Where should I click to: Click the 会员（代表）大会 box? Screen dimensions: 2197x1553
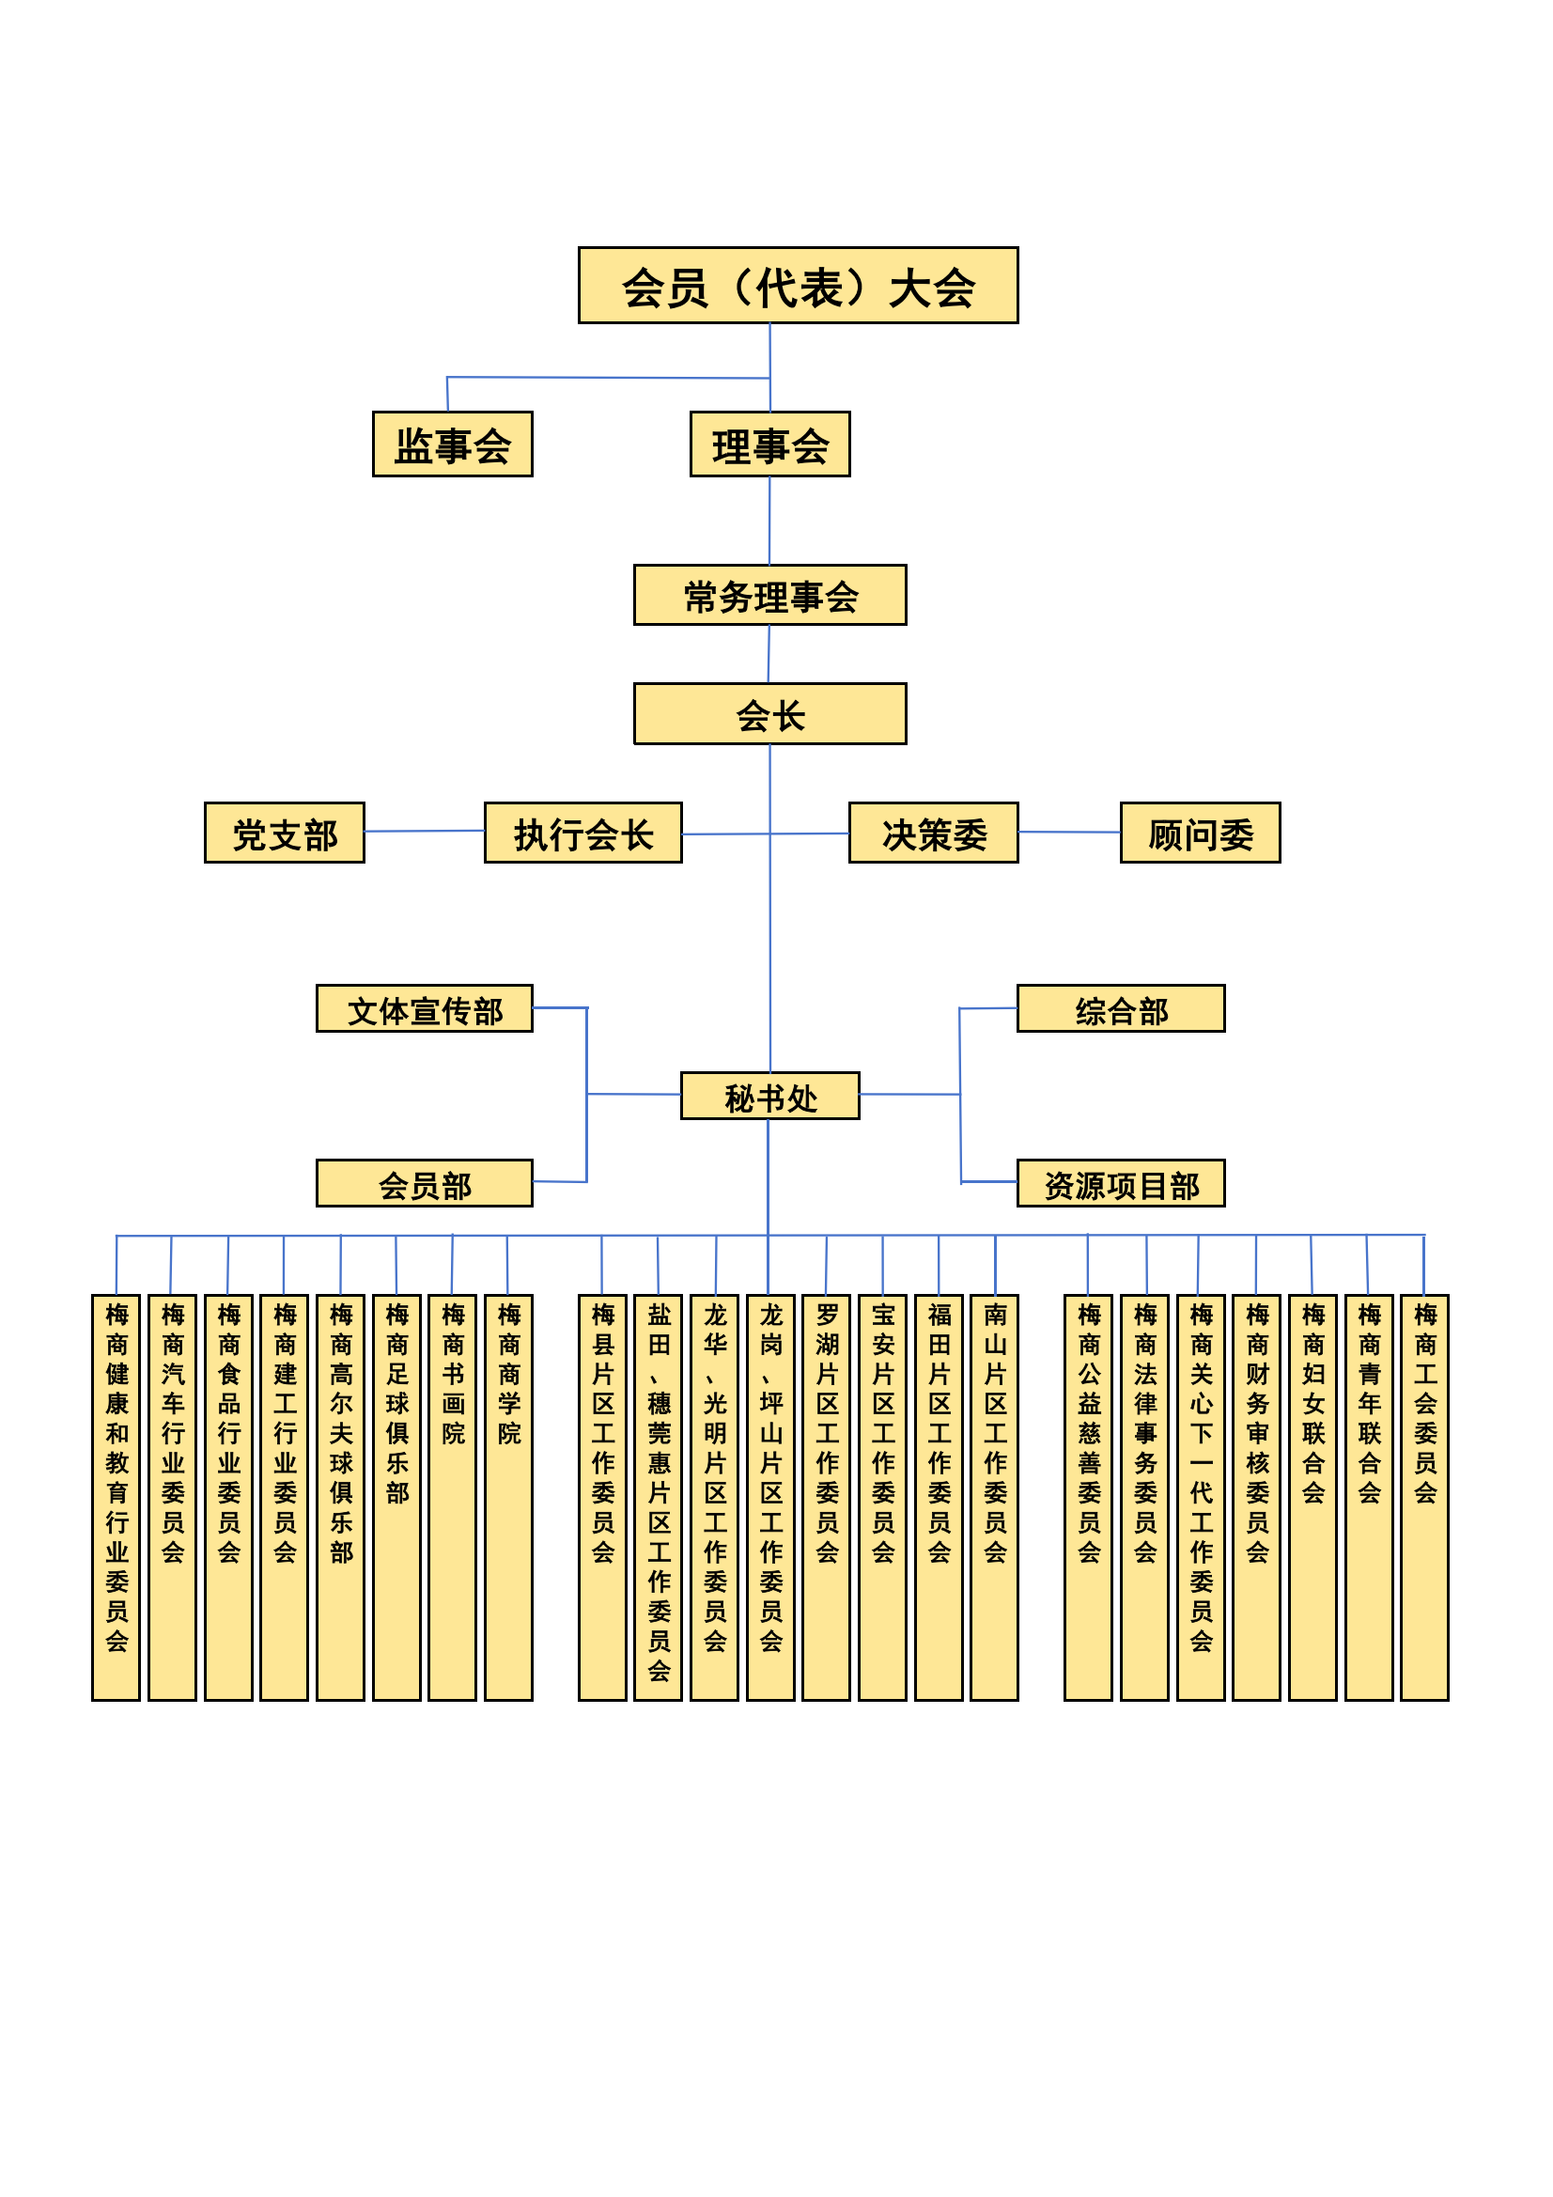pos(798,285)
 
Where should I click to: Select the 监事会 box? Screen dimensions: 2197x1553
pos(453,444)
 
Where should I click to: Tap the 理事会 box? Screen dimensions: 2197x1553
pos(770,444)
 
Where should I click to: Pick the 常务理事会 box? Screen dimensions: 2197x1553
pos(770,595)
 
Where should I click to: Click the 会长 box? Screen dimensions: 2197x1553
pos(770,714)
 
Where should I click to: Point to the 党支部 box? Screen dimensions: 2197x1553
pos(284,833)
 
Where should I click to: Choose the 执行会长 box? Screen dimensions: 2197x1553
pos(583,833)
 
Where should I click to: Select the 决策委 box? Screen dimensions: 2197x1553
pos(934,833)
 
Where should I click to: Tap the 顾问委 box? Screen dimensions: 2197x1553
pos(1201,833)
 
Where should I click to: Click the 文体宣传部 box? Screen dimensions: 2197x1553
pos(425,1008)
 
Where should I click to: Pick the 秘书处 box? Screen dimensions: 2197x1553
pos(770,1096)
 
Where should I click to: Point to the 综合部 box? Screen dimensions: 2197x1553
pos(1121,1008)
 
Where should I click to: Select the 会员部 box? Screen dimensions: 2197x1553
pos(425,1184)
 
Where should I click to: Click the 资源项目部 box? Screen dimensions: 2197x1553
pos(1121,1184)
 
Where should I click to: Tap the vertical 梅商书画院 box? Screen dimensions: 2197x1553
pos(453,1498)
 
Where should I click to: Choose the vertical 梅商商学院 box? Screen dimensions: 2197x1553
pos(508,1498)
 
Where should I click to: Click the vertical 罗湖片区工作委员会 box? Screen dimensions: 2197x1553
pos(826,1498)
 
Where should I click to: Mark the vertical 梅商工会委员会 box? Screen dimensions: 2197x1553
pos(1425,1498)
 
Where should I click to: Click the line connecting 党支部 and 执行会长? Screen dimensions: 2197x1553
pos(425,832)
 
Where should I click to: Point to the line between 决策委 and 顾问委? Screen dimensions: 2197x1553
pos(1070,833)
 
